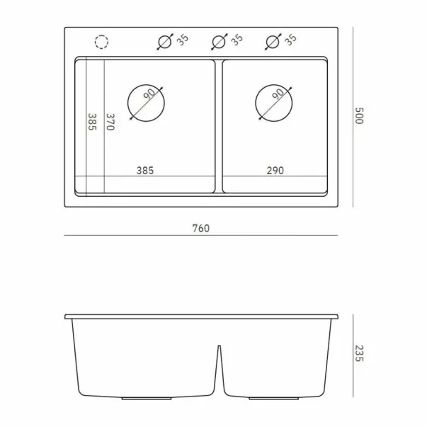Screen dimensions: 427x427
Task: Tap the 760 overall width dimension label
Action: click(x=201, y=228)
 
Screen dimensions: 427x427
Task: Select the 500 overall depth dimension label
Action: click(x=360, y=115)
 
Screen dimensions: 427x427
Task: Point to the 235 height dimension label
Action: click(x=360, y=353)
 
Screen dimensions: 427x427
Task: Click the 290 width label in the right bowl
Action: click(x=275, y=171)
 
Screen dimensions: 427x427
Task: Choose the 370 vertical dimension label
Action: click(x=110, y=122)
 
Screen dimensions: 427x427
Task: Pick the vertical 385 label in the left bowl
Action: click(x=92, y=122)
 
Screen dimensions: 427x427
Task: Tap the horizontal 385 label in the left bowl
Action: click(x=145, y=171)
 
